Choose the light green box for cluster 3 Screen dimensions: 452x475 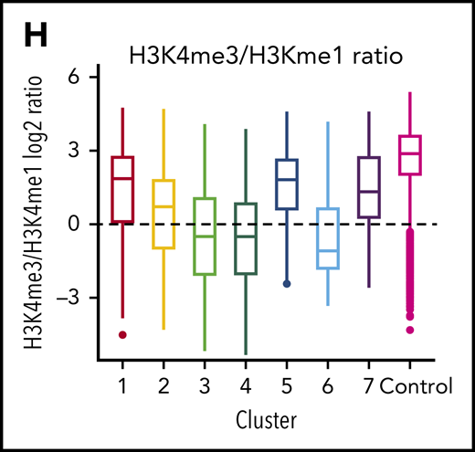pyautogui.click(x=205, y=236)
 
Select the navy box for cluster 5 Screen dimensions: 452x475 pyautogui.click(x=287, y=184)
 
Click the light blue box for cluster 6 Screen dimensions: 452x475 pyautogui.click(x=327, y=238)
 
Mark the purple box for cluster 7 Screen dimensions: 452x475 pyautogui.click(x=368, y=187)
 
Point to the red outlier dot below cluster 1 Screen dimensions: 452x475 pyautogui.click(x=122, y=334)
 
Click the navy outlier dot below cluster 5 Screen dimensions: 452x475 pyautogui.click(x=287, y=284)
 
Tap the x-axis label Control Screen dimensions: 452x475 pyautogui.click(x=417, y=386)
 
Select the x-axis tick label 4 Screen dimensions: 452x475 pyautogui.click(x=246, y=386)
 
